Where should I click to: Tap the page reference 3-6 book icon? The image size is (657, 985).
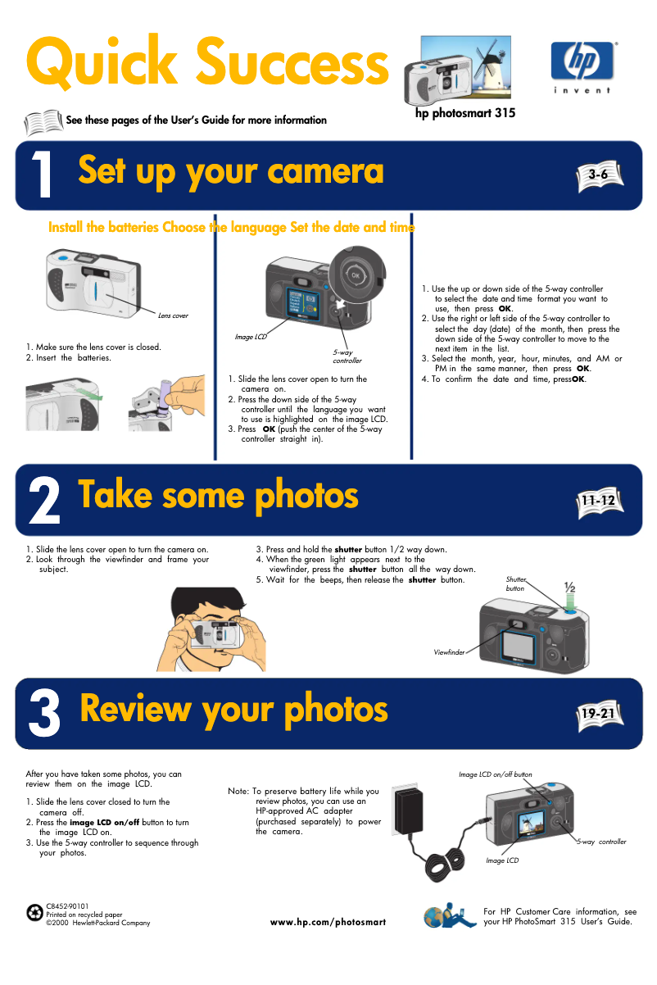[600, 176]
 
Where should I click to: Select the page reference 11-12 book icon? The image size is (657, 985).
[600, 502]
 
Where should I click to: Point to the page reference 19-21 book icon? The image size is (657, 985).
[600, 715]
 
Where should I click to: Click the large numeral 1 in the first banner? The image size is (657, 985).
[42, 174]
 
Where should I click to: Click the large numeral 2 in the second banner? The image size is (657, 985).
[44, 501]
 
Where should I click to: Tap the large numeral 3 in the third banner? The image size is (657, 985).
[44, 713]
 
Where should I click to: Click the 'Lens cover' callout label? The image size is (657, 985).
[173, 315]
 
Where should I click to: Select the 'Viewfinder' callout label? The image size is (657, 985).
[449, 652]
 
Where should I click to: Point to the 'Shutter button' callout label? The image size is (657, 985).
[515, 584]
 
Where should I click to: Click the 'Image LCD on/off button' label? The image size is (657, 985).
[496, 774]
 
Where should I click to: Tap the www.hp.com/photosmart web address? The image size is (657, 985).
[328, 922]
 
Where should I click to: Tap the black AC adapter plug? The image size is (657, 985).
[407, 810]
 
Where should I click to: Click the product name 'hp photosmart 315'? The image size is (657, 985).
[465, 113]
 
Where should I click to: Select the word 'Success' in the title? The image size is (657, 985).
[292, 61]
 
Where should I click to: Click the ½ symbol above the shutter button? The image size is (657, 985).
[570, 587]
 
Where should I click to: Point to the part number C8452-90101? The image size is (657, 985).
[67, 906]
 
